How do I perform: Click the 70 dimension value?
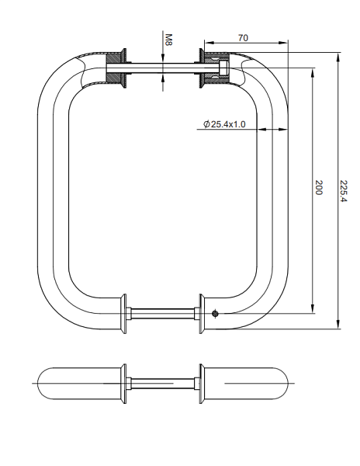243,37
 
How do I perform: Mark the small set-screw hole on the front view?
215,314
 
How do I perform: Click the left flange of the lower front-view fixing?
123,314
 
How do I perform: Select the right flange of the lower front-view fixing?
201,314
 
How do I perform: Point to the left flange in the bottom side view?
123,382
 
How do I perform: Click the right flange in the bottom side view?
201,382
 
